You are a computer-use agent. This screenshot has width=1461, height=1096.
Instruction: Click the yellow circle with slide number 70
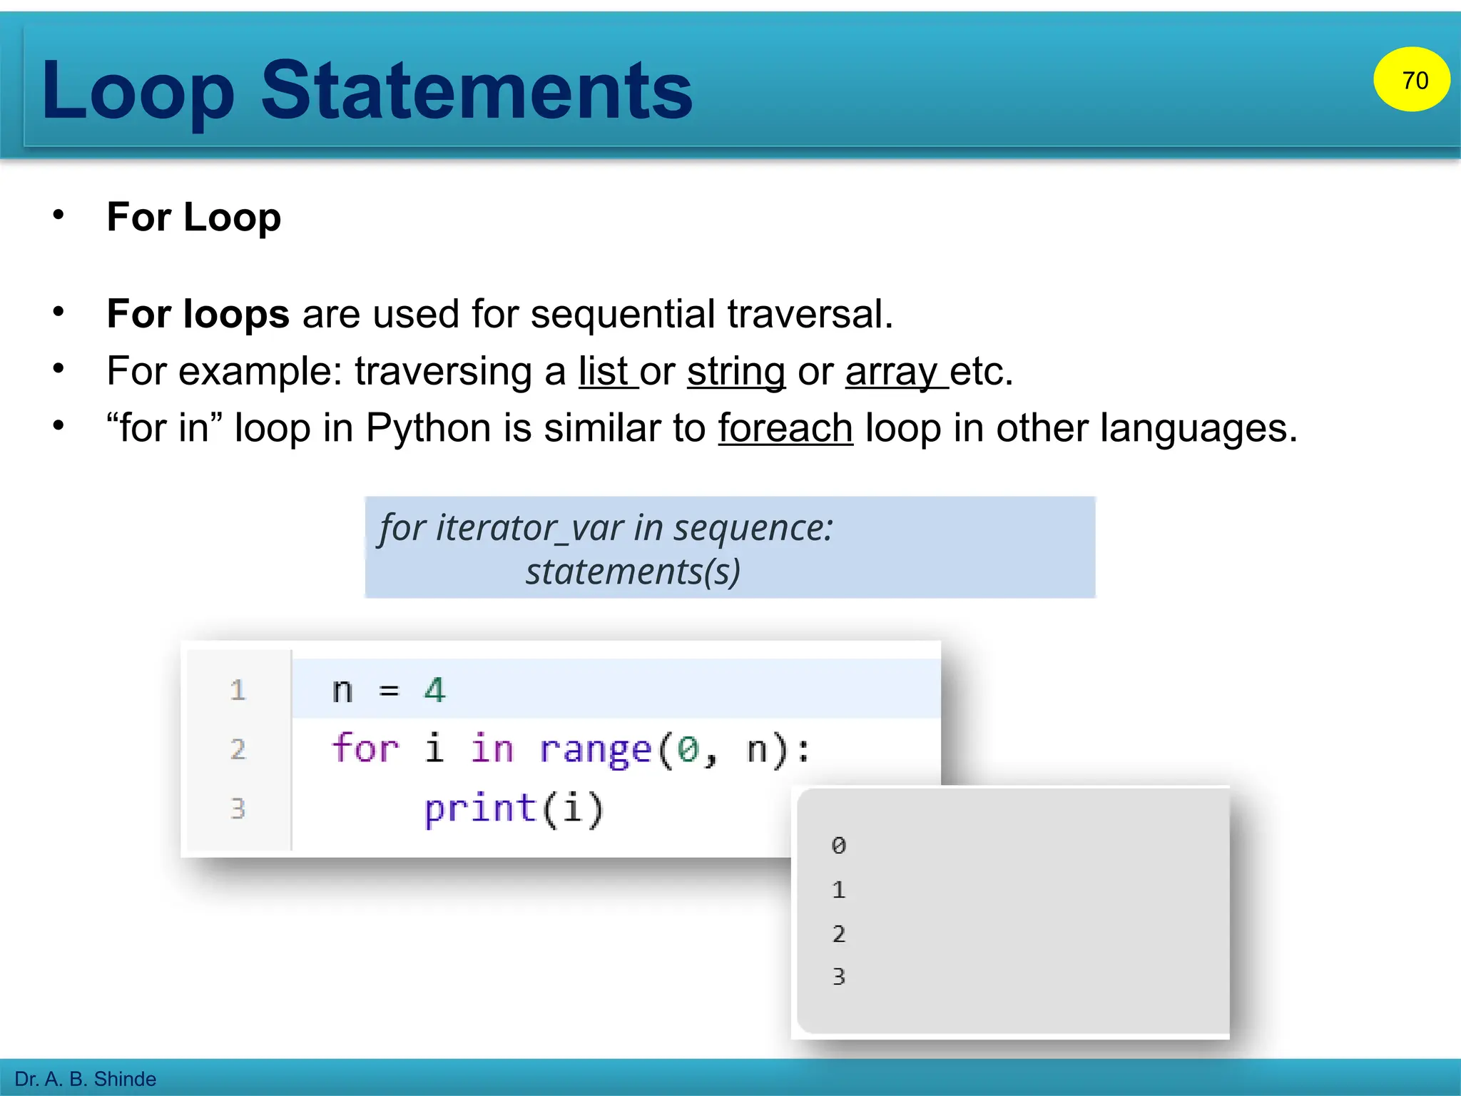tap(1411, 80)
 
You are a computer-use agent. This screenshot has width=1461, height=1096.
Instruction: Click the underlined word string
tap(736, 372)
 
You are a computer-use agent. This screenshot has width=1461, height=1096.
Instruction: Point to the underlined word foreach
tap(785, 428)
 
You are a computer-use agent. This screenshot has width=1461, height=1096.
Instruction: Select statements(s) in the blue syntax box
tap(633, 572)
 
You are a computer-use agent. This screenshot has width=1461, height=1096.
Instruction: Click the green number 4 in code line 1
tap(434, 690)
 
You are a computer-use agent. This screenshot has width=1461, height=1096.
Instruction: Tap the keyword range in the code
tap(595, 750)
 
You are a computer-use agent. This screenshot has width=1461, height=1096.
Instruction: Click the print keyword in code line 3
tap(480, 809)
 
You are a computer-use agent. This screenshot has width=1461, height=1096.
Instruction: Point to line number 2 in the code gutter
tap(238, 749)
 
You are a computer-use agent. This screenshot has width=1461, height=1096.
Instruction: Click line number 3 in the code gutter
tap(238, 808)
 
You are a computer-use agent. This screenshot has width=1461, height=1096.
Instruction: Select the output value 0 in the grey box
tap(839, 846)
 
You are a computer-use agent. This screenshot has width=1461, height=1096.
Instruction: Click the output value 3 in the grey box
tap(839, 976)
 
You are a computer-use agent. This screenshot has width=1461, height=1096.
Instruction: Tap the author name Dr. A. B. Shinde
tap(86, 1079)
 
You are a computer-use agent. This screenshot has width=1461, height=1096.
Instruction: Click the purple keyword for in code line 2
tap(365, 749)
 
